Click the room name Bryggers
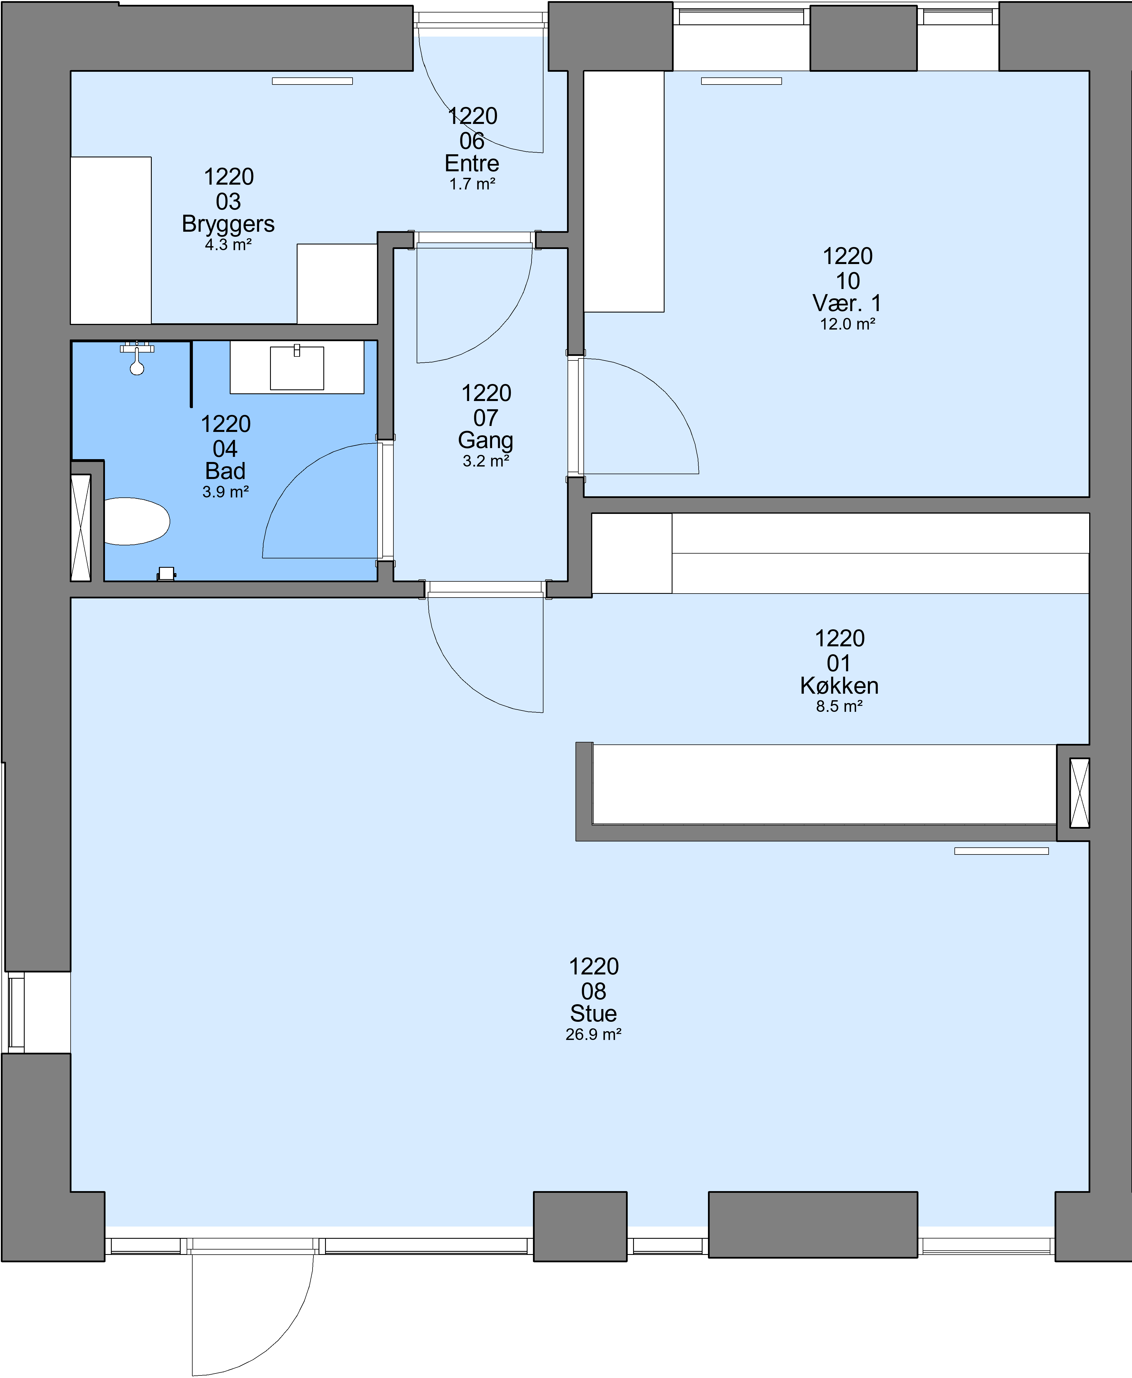[228, 223]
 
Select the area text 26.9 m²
[593, 1035]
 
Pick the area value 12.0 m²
[847, 324]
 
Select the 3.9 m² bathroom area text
[225, 492]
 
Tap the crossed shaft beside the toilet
[81, 527]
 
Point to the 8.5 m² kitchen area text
[839, 707]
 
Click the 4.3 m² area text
[228, 245]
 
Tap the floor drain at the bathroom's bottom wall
[166, 574]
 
